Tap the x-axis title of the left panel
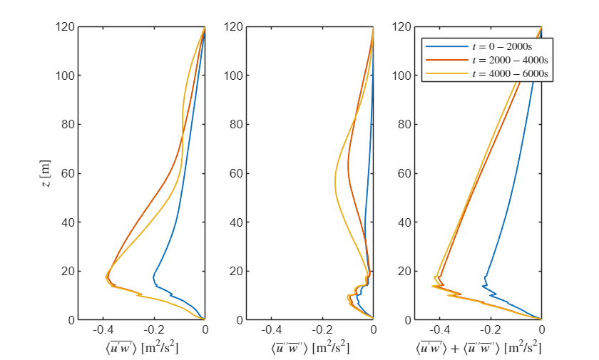pyautogui.click(x=141, y=348)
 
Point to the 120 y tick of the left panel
pyautogui.click(x=66, y=27)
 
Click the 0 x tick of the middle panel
pyautogui.click(x=373, y=331)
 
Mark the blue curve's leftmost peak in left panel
pyautogui.click(x=153, y=277)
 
